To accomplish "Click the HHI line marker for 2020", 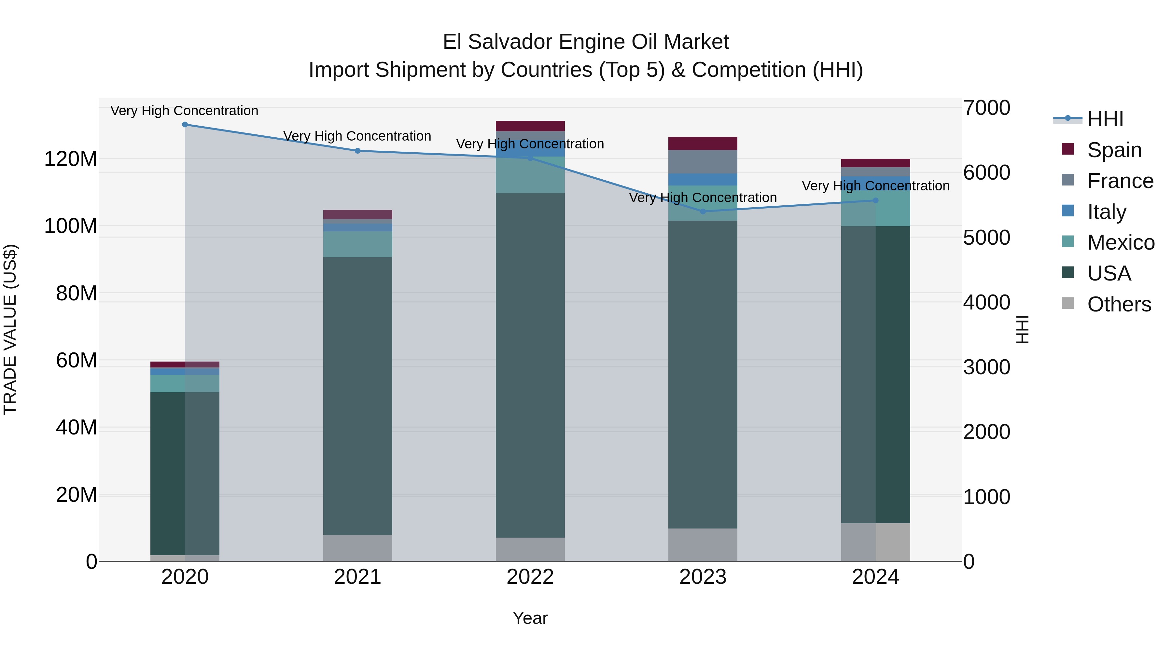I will tap(185, 125).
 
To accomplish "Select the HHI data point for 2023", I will tap(703, 212).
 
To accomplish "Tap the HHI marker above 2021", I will tap(357, 151).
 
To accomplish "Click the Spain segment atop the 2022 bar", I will tap(530, 126).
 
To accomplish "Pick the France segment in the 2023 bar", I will tap(703, 161).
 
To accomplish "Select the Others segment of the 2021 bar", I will tap(357, 548).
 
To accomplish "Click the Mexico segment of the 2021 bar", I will tap(357, 244).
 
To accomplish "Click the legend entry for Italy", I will tap(1107, 212).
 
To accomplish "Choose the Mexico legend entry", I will tap(1120, 243).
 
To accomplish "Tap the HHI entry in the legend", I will tap(1105, 119).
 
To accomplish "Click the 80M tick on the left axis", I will tap(77, 293).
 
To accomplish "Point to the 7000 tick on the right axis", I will tap(986, 108).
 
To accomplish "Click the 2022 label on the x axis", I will tap(530, 577).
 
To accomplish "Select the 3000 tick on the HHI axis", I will tap(986, 367).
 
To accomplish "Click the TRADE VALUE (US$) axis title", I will tap(10, 329).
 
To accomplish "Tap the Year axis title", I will tap(530, 618).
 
